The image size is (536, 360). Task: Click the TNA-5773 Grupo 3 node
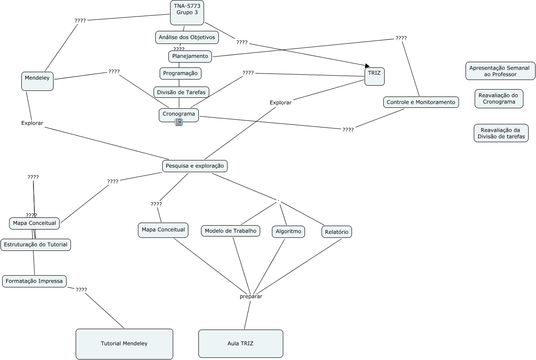coord(187,12)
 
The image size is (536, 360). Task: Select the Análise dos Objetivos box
coord(187,37)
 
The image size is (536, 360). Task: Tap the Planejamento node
coord(190,56)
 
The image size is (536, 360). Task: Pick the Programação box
coord(181,73)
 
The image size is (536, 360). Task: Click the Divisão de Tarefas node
coord(181,92)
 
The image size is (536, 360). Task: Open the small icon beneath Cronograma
coord(179,122)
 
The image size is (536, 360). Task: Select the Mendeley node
coord(37,81)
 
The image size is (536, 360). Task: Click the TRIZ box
coord(374,77)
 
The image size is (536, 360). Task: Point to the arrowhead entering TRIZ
coord(367,66)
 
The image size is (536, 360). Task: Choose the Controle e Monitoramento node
coord(421,102)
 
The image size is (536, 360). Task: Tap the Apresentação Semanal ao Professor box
coord(500,71)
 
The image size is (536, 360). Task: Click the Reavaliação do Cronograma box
coord(499,98)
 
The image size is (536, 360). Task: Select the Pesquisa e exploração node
coord(195,166)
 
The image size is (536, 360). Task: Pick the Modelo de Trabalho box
coord(231,231)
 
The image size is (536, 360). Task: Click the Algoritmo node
coord(288,232)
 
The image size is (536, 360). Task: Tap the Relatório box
coord(337,232)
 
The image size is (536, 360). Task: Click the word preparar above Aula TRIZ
coord(251,297)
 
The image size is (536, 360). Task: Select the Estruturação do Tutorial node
coord(36,244)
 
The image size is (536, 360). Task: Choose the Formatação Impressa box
coord(35,281)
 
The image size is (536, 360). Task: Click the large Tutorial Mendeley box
coord(124,343)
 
